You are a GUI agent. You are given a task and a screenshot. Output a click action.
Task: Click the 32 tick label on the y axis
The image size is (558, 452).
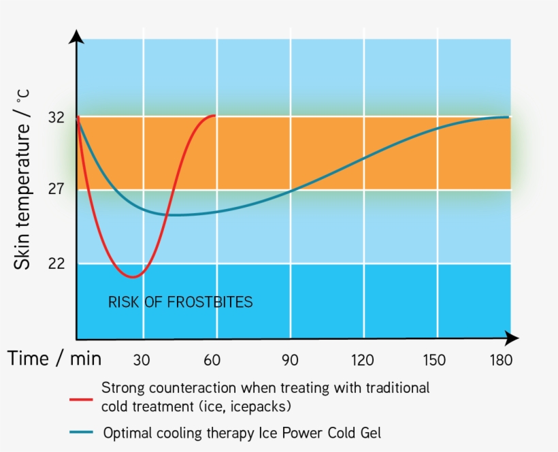pyautogui.click(x=56, y=118)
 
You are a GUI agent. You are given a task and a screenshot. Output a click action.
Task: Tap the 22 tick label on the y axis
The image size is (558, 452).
pyautogui.click(x=56, y=263)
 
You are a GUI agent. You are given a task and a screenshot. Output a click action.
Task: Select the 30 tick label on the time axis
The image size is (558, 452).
pyautogui.click(x=142, y=360)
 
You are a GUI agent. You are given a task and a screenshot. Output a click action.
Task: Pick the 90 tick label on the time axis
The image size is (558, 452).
pyautogui.click(x=290, y=360)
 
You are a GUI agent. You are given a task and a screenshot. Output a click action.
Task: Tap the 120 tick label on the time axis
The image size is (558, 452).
pyautogui.click(x=363, y=360)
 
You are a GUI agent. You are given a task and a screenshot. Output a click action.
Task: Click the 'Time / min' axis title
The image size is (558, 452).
pyautogui.click(x=54, y=359)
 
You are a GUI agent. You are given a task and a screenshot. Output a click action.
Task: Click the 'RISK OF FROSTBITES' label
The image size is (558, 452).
pyautogui.click(x=180, y=302)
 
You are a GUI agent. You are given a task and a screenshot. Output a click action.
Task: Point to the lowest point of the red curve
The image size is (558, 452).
pyautogui.click(x=133, y=277)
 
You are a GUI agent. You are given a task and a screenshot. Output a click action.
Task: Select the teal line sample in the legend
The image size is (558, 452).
pyautogui.click(x=82, y=432)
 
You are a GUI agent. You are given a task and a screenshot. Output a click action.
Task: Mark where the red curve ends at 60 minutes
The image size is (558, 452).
pyautogui.click(x=215, y=116)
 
